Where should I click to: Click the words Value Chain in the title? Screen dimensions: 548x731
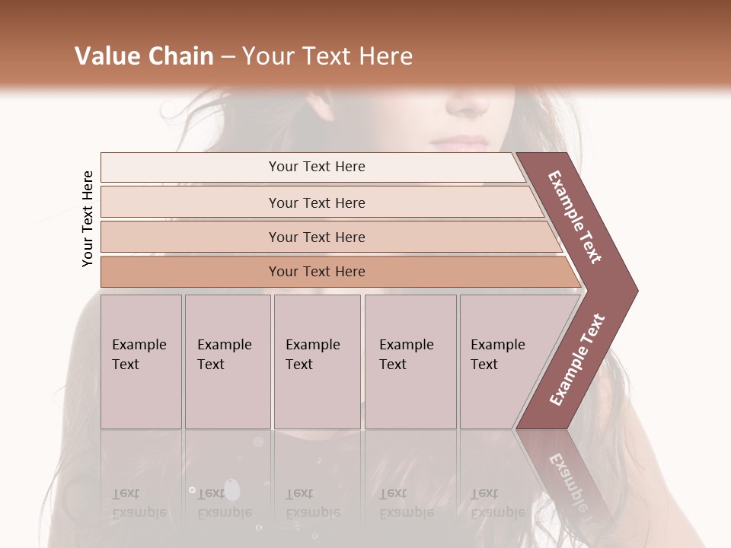[144, 56]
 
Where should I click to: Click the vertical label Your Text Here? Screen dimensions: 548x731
[88, 219]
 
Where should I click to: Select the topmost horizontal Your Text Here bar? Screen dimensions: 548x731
[316, 167]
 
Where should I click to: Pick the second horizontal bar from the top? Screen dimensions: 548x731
[316, 202]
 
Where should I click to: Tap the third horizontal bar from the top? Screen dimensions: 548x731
[316, 237]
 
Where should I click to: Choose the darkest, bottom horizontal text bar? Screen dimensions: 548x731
[316, 272]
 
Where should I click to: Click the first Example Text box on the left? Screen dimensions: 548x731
[141, 362]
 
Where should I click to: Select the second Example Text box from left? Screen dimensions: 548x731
[227, 362]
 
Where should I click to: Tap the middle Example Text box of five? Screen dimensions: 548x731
[316, 362]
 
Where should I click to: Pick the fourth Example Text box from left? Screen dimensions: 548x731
[410, 362]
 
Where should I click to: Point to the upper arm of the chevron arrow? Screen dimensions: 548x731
[575, 217]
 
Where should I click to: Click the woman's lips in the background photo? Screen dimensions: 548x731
[460, 142]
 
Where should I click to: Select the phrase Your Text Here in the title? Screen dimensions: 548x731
[327, 56]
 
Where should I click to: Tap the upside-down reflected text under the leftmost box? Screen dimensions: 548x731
[139, 502]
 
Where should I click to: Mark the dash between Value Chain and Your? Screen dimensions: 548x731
[228, 56]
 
